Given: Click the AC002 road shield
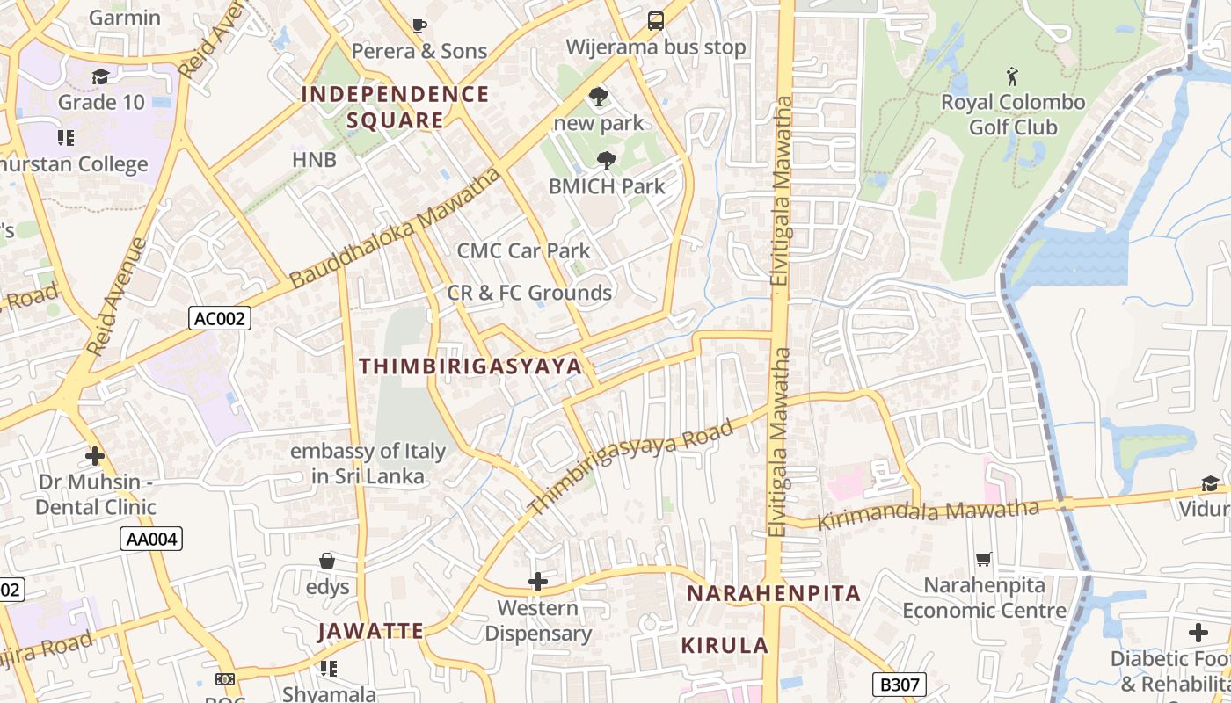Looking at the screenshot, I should point(220,318).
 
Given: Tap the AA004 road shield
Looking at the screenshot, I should point(151,539).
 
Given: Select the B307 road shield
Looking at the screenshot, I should point(899,684).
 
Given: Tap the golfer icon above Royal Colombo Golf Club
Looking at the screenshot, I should point(1013,76).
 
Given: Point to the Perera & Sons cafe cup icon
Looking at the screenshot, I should point(419,25).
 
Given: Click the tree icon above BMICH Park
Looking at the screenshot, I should point(606,160).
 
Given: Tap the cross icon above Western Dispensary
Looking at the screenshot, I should point(537,582).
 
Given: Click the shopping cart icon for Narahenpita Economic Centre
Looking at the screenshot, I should point(984,560).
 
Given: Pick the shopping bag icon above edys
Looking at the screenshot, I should point(327,561).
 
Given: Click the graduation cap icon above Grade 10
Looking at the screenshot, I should point(100,76).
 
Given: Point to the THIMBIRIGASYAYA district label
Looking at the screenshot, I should point(470,366).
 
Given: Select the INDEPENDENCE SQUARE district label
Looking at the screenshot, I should point(395,107).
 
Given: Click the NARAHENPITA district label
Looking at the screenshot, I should point(773,593).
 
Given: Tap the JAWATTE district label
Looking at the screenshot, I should point(370,631).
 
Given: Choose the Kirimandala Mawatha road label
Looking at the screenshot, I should point(929,513).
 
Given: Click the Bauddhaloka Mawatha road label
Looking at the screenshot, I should point(396,228).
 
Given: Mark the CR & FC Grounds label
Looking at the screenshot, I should point(529,293).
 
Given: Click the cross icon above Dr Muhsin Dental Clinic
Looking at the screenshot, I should point(95,456).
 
